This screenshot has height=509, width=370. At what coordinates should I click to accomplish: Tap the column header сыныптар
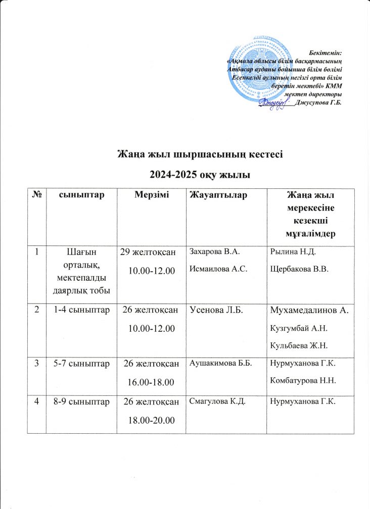coord(81,195)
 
